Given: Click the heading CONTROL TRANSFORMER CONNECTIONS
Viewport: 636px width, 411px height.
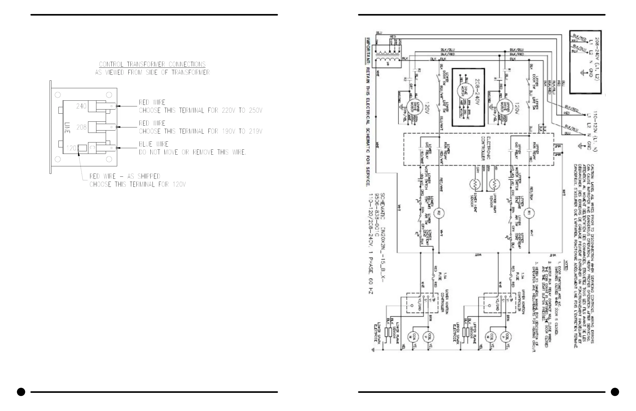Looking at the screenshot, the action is pos(152,64).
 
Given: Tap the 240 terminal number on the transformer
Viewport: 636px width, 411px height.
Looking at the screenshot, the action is pos(81,106).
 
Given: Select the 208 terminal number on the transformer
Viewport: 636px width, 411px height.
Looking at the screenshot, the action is pos(82,127).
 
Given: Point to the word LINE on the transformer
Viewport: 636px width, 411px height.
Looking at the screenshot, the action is pos(67,128).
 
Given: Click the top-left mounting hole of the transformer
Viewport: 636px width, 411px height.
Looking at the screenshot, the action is pos(58,95).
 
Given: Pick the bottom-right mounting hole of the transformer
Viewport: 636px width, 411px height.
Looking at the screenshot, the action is pos(109,159).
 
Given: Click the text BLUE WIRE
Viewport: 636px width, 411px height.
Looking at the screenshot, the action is pos(153,144).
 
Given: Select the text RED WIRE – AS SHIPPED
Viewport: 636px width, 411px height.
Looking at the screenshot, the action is pos(124,176).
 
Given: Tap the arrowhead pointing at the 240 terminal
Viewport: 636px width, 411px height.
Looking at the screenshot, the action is pos(118,106).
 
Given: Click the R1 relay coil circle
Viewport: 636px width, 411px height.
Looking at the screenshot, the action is pos(529,213).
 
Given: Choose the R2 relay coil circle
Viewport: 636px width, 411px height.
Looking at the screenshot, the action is pos(439,213).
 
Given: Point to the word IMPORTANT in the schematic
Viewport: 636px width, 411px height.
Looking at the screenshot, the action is pos(368,51).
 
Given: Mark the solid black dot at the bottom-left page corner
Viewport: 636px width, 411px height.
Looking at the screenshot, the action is pos(21,392).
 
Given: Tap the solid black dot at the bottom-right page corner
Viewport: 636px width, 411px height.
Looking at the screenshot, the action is pos(615,392).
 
